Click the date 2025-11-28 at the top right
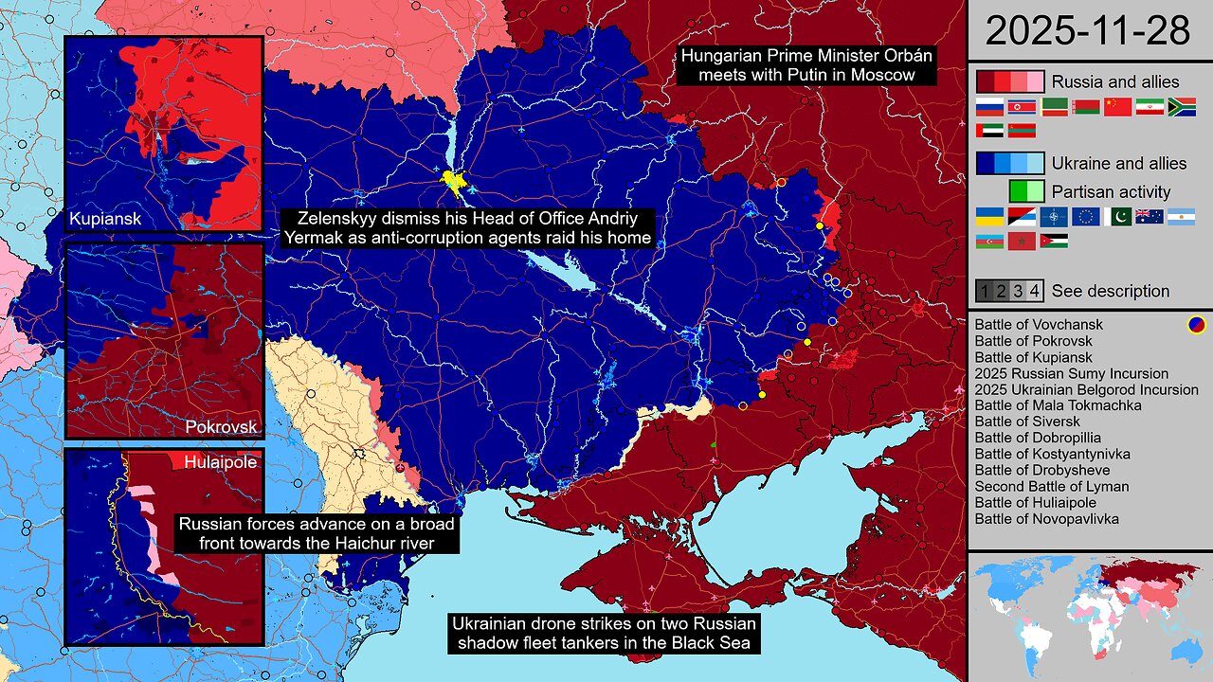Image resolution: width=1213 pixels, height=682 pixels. click(x=1088, y=30)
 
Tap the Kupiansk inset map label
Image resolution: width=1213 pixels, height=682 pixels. click(x=105, y=220)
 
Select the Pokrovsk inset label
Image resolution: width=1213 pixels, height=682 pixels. click(x=221, y=426)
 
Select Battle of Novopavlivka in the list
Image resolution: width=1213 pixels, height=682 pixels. click(x=1046, y=519)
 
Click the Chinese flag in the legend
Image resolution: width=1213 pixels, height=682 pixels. click(x=1117, y=106)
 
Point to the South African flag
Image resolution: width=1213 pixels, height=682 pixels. click(x=1182, y=106)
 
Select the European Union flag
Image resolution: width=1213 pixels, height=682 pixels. click(x=1085, y=216)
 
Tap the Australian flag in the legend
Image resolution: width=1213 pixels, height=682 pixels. click(x=1150, y=216)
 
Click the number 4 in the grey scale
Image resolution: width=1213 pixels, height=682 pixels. click(x=1035, y=291)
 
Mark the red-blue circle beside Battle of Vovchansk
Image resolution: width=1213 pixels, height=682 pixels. click(x=1197, y=325)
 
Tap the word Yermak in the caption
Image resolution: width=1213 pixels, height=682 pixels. click(x=315, y=238)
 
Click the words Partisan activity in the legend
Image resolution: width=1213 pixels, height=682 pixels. click(x=1112, y=191)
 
